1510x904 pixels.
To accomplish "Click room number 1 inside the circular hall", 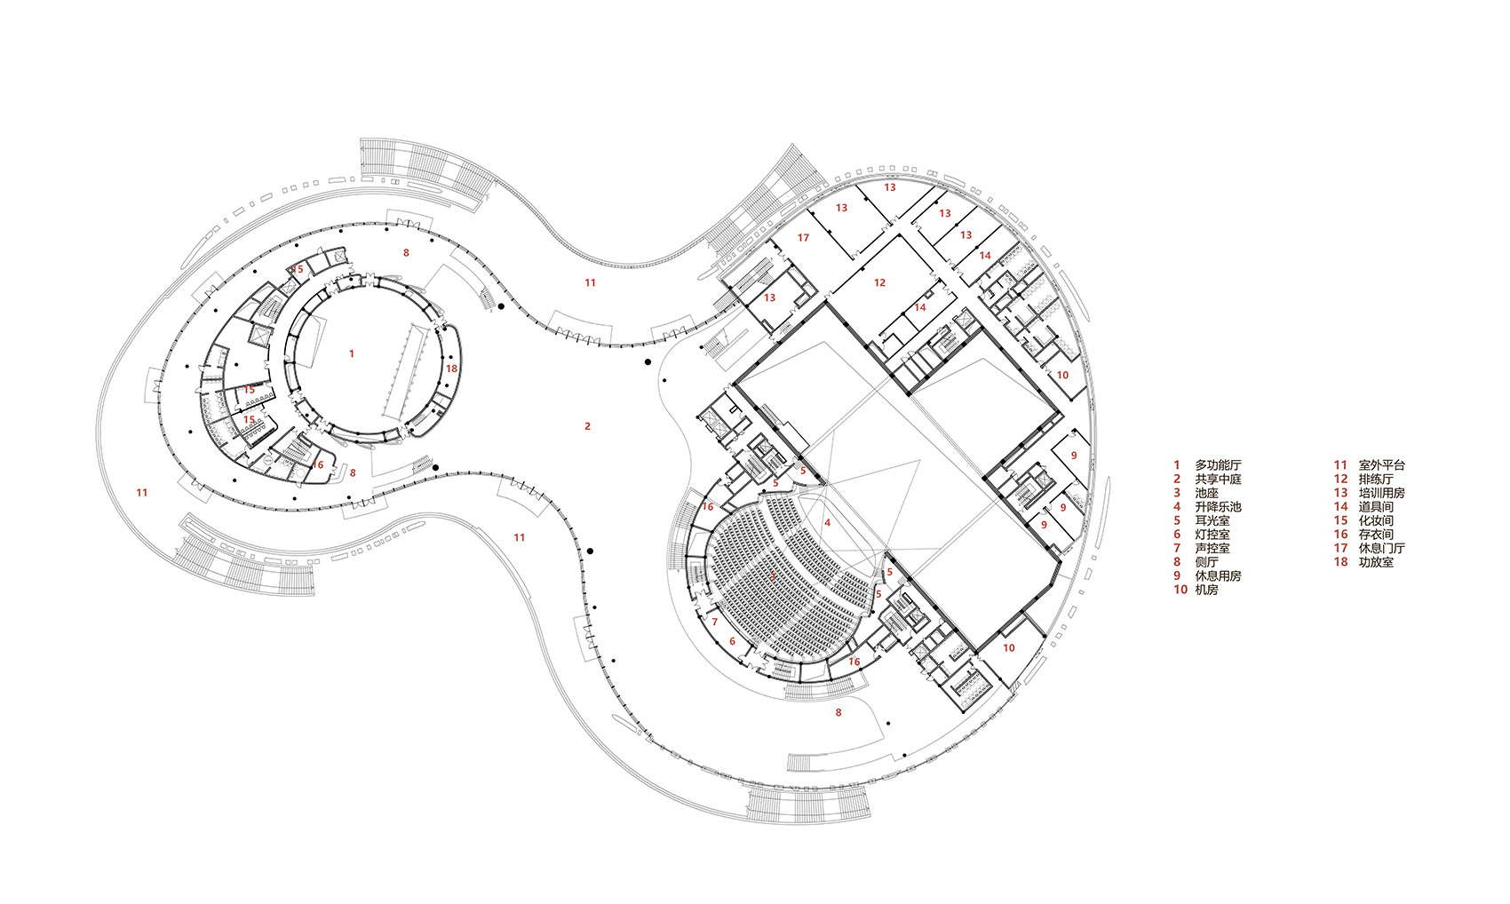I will (x=352, y=353).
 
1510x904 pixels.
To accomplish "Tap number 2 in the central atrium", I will (x=587, y=426).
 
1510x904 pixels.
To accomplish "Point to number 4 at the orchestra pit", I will (x=827, y=523).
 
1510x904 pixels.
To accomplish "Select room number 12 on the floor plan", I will (x=879, y=282).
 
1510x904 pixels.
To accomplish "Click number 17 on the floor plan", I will (x=803, y=238).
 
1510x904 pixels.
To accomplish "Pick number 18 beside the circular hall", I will (x=451, y=369).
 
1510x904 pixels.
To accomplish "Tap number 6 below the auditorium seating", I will (x=733, y=641).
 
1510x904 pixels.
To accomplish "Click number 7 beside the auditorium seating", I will (x=714, y=622).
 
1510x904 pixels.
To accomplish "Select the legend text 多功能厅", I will (x=1218, y=465).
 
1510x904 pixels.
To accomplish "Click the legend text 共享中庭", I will (x=1218, y=479).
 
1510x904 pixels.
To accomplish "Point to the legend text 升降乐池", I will (x=1218, y=507).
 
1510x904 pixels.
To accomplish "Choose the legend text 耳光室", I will (x=1212, y=520).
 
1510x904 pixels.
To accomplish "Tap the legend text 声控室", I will (x=1212, y=548).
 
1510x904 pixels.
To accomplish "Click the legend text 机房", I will (x=1206, y=590).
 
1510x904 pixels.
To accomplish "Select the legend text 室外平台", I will (x=1382, y=465).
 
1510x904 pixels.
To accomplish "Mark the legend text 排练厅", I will (x=1376, y=479).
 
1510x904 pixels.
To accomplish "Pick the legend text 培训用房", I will (x=1382, y=493).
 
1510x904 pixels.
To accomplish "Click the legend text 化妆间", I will (x=1376, y=520).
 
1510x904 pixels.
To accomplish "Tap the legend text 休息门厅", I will (x=1382, y=548).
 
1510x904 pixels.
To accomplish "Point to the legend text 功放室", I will (x=1376, y=562).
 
